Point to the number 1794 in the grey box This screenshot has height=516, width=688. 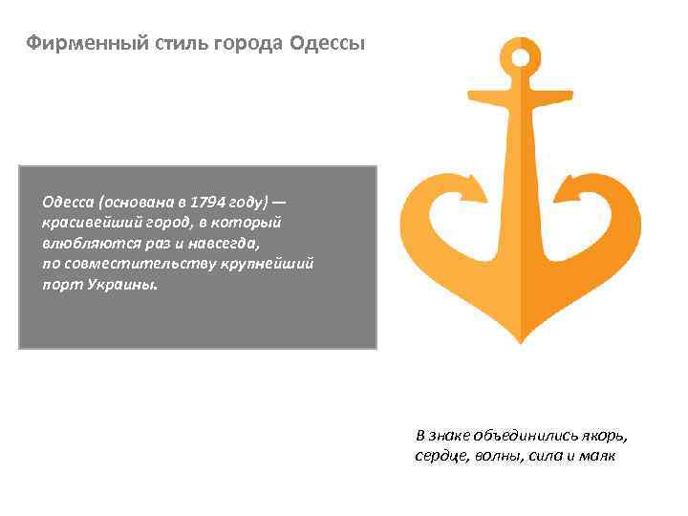click(x=207, y=204)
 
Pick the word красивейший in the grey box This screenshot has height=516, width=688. click(x=89, y=222)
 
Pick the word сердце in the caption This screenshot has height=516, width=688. click(x=439, y=456)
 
